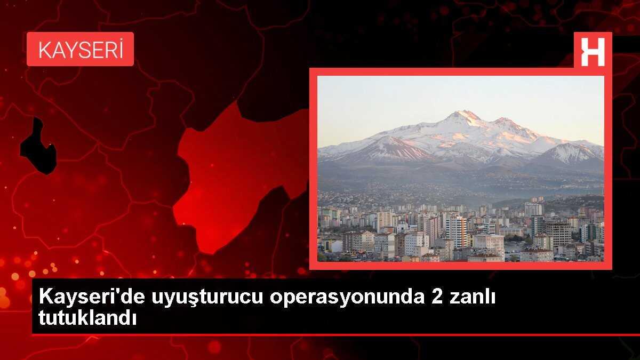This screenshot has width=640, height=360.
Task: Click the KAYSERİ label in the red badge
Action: point(81,50)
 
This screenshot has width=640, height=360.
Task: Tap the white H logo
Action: point(593,52)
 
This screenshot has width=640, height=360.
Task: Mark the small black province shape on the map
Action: point(38,147)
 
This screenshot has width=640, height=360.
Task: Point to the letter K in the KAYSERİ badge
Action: point(45,50)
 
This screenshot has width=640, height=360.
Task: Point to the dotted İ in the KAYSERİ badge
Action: point(121,49)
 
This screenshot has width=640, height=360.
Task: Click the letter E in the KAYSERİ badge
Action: point(98,50)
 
